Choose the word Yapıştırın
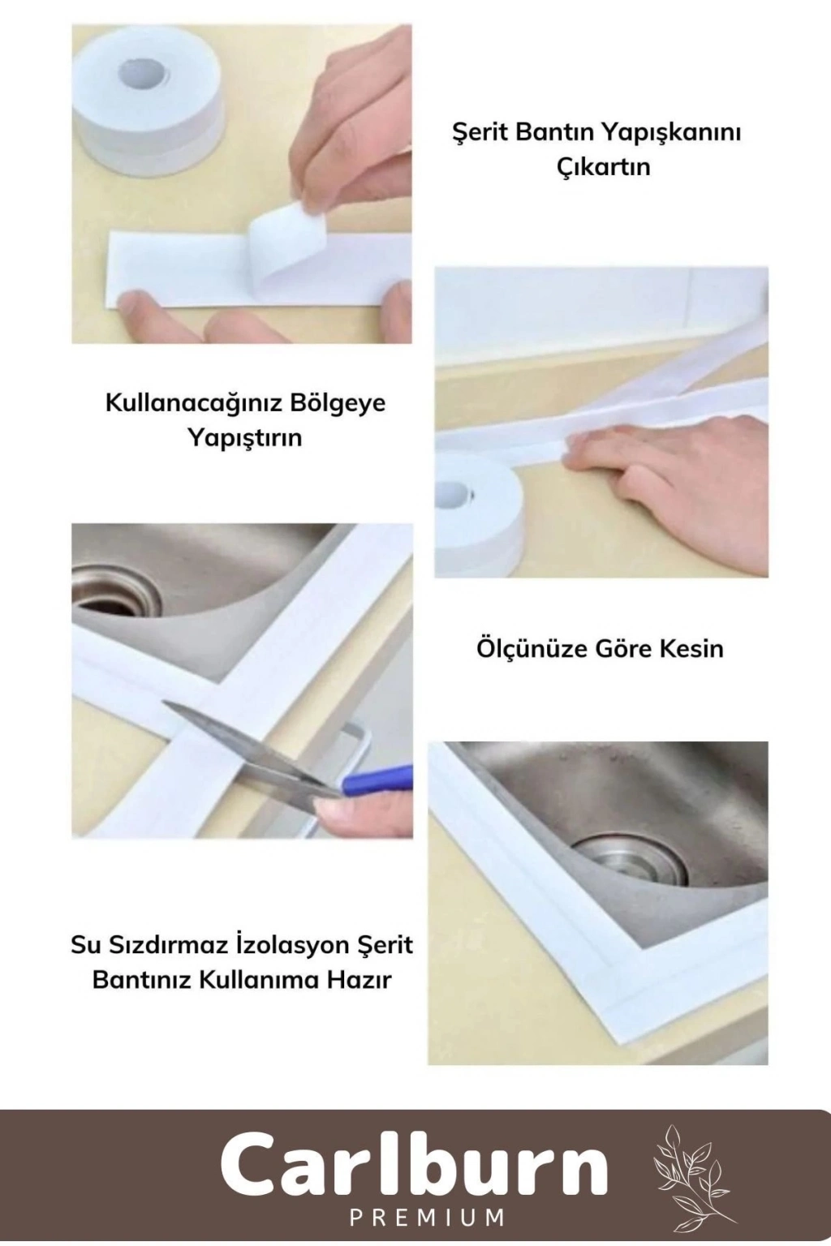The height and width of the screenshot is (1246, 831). point(244,438)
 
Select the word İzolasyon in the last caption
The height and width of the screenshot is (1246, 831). point(284,945)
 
